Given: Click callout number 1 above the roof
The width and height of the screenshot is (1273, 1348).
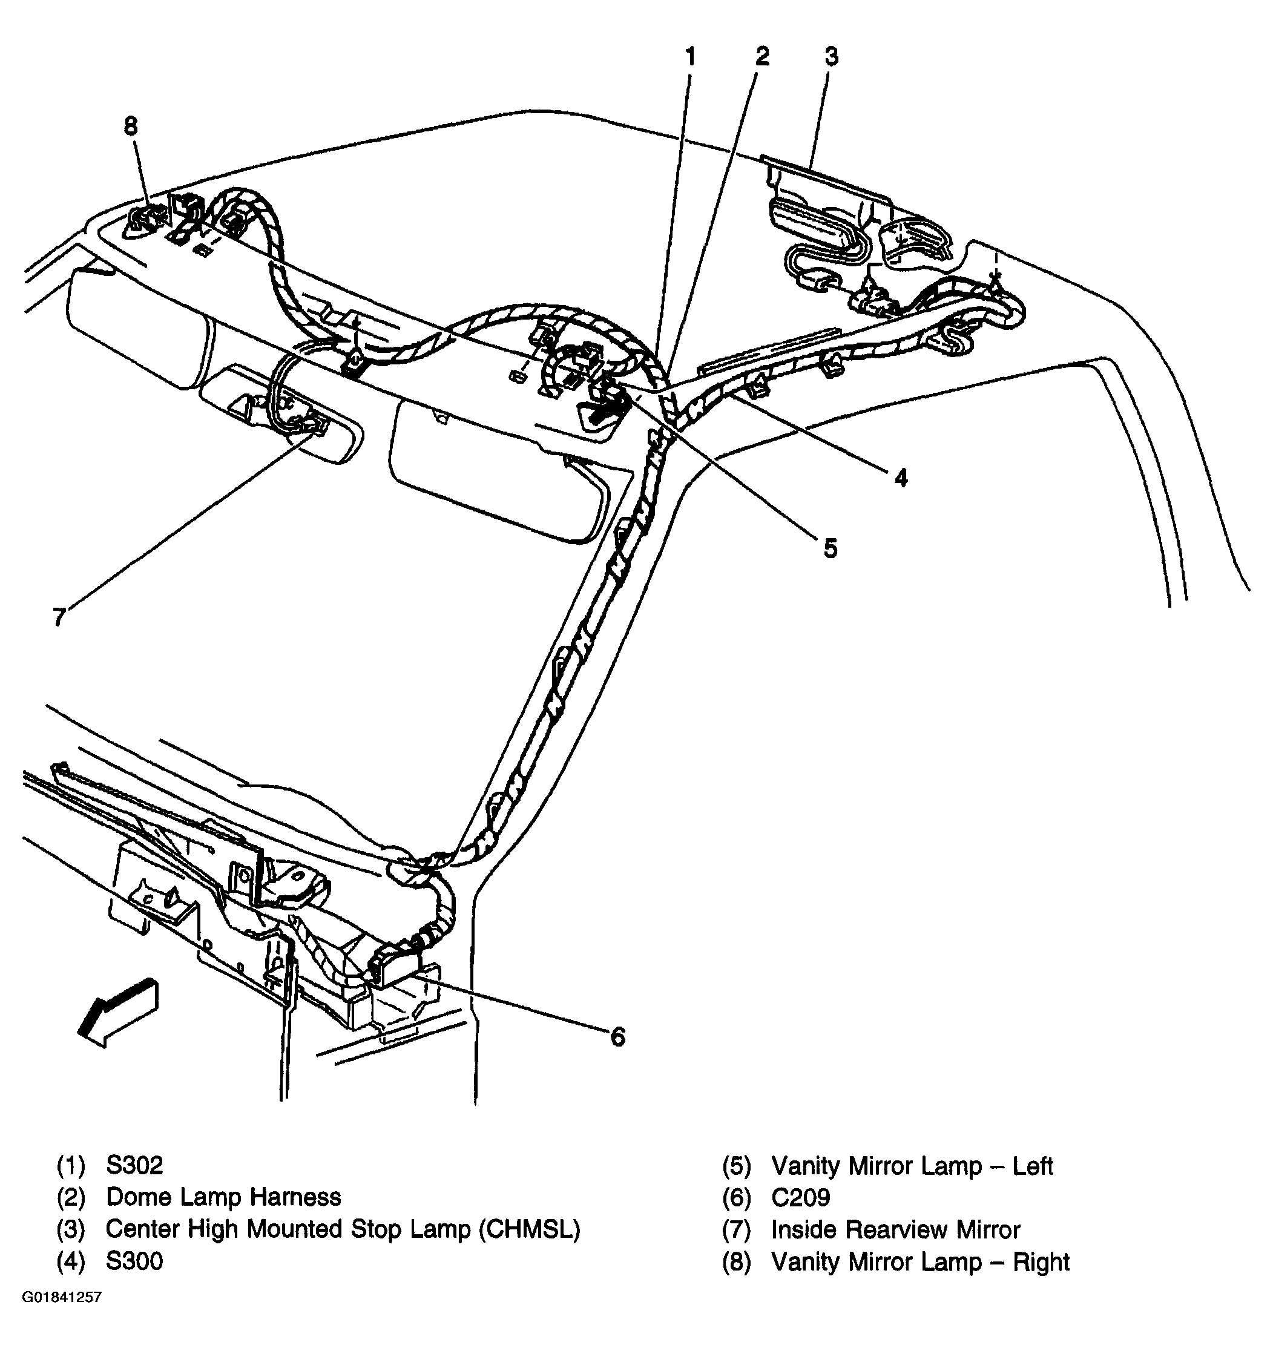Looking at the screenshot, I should [x=690, y=57].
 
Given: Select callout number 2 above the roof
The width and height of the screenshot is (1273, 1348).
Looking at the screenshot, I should [x=762, y=57].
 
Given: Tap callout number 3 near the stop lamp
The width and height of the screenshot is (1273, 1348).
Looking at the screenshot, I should [x=831, y=57].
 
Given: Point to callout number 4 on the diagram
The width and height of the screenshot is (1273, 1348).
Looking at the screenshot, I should [x=901, y=478].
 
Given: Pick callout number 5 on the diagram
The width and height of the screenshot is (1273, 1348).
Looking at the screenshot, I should [x=831, y=548].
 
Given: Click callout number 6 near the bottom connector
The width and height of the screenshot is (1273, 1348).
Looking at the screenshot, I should [x=617, y=1037].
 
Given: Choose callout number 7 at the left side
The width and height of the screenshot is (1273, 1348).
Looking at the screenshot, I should [x=59, y=617].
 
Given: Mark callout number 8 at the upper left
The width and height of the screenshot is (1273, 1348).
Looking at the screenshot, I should [x=131, y=127].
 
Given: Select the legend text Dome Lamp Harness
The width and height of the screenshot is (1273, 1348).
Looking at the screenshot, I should [x=223, y=1197].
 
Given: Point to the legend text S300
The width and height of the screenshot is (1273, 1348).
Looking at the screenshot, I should [x=134, y=1261].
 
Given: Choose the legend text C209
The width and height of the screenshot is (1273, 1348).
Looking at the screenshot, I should [x=801, y=1198].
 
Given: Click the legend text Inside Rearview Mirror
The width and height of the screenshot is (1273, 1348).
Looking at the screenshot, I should [x=896, y=1230].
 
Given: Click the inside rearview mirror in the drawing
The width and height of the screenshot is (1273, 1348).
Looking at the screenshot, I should [x=285, y=414].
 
